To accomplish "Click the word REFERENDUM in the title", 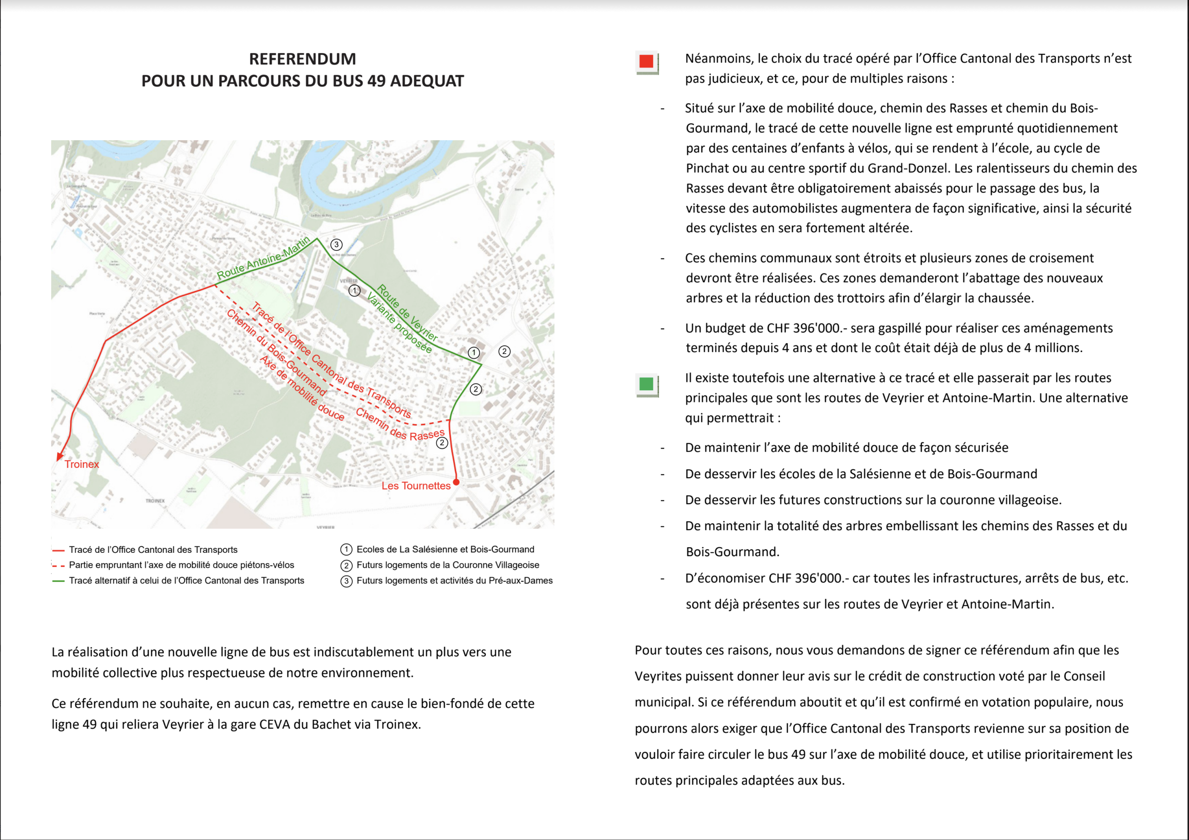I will [302, 59].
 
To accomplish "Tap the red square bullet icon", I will [646, 62].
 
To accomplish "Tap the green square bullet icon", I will [646, 384].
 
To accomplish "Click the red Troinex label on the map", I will [82, 464].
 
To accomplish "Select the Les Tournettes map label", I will [416, 486].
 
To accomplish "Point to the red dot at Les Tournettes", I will [456, 482].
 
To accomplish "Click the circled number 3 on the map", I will [337, 244].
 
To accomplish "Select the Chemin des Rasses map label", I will [400, 425].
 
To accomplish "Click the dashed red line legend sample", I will [59, 565].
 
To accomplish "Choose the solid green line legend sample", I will [59, 581].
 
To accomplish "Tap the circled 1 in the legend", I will [346, 550].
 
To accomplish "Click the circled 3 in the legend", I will [346, 581].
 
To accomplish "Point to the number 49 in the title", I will [377, 81].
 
